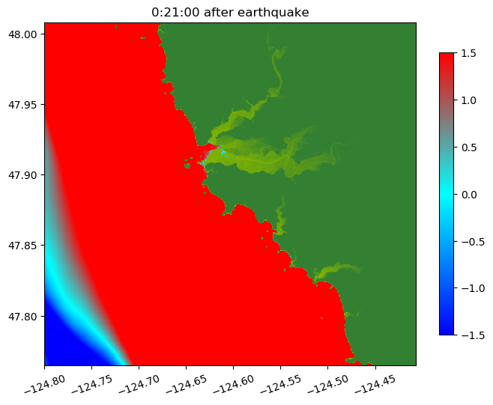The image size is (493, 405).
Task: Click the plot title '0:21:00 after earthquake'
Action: point(230,12)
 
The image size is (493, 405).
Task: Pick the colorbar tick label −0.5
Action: point(471,241)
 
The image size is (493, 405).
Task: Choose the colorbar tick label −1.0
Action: point(471,288)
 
